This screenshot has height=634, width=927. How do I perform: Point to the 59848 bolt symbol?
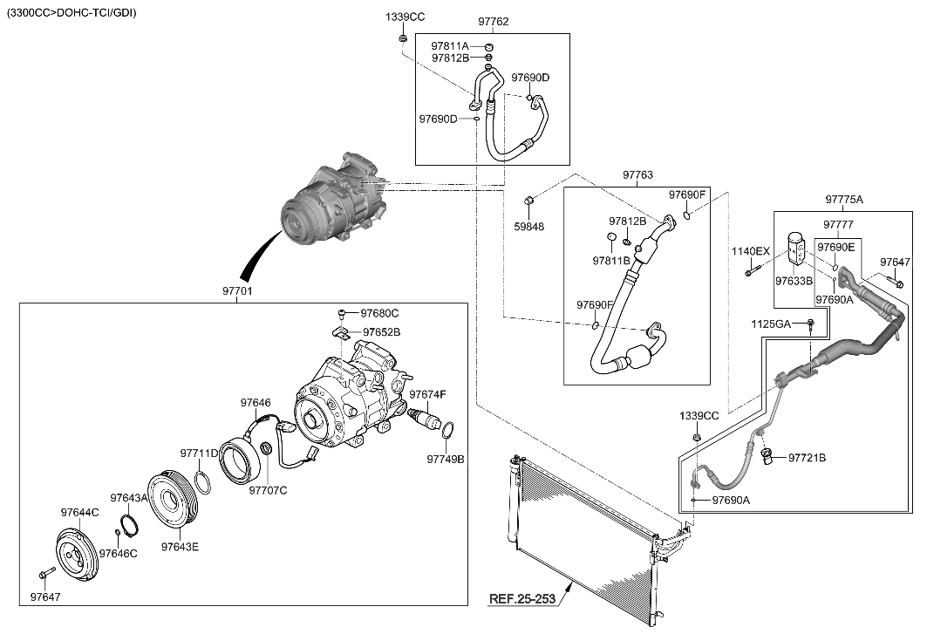coord(528,203)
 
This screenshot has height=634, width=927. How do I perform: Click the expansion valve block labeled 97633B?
coord(797,248)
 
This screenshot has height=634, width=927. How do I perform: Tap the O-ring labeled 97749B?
coord(447,429)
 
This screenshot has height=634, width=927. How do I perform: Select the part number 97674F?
coord(427,395)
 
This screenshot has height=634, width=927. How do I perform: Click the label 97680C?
coord(380,313)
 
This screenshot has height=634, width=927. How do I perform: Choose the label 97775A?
coord(843,200)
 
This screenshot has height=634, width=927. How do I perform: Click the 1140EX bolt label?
coord(749,252)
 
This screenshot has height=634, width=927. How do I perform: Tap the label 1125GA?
coord(771,324)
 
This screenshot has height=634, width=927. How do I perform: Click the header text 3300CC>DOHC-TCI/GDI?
coord(72,13)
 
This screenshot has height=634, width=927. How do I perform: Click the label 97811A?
coord(450,45)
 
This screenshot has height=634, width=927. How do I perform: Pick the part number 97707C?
coord(268,490)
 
